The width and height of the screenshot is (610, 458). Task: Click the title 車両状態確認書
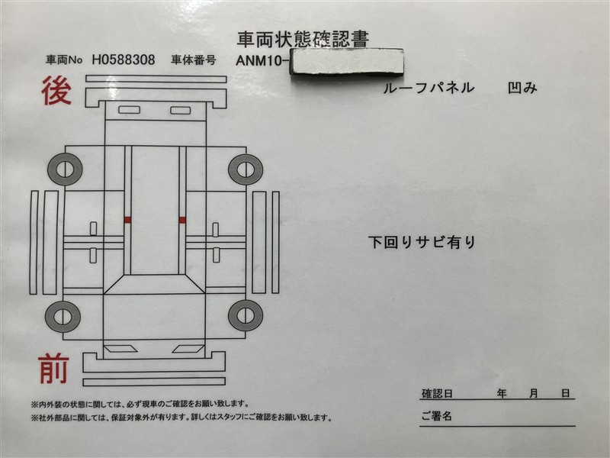coord(303,39)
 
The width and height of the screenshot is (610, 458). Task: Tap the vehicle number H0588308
coord(124,60)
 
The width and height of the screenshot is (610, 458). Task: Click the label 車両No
coord(64,60)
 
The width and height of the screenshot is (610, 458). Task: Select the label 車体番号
coord(194,60)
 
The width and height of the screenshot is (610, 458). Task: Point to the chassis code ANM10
coord(261,61)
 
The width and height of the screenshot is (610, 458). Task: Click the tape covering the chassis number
coord(348,61)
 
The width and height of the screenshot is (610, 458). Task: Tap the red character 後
coord(56,90)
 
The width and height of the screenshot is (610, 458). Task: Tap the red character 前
coord(54,369)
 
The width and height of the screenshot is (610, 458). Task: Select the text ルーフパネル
coord(429,88)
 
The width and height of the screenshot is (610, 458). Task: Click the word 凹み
coord(522,88)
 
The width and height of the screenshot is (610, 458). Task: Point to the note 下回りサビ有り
coord(422,242)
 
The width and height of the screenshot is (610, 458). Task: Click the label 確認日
coord(437,393)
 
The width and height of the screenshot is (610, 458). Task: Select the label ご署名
coord(436,416)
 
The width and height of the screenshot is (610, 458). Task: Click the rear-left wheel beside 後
coord(65,169)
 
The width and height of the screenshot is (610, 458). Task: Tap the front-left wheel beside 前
coord(63,316)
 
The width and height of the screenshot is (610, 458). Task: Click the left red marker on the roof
coord(127,220)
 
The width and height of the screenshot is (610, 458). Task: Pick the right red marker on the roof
coord(182,220)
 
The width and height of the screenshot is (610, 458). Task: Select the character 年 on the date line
coord(502,393)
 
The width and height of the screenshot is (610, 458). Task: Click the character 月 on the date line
coord(534,393)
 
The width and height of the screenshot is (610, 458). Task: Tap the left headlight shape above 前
coord(121,349)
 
